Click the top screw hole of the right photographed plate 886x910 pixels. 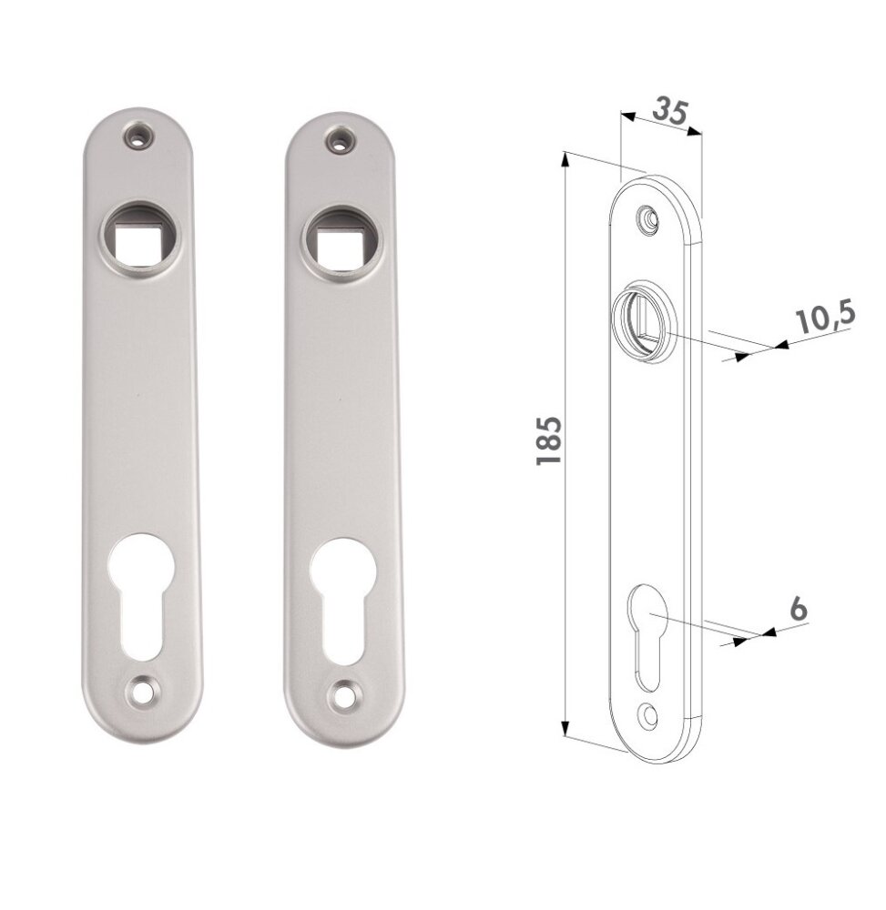(341, 140)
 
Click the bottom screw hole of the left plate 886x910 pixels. (140, 692)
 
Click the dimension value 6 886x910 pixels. (798, 609)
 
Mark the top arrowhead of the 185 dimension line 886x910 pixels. (565, 160)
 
